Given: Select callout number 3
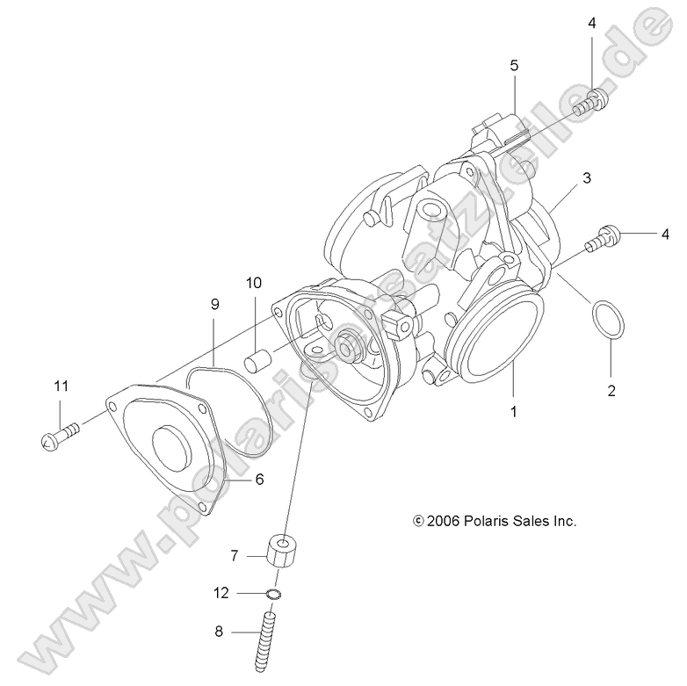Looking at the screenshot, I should (585, 177).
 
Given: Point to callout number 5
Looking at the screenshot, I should (514, 65).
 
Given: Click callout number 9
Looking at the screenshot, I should (213, 304).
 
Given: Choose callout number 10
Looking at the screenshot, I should (254, 283).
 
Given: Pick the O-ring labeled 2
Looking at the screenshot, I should (609, 320).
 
